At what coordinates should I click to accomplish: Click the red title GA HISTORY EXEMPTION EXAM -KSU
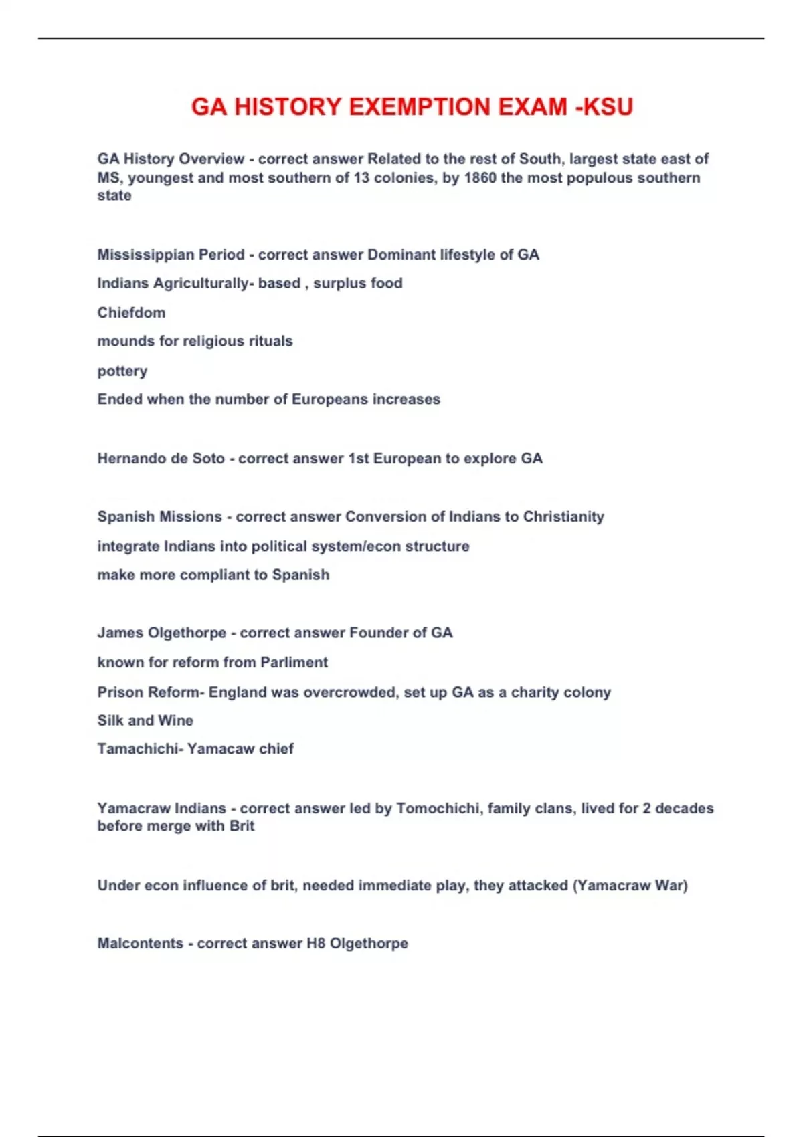[412, 107]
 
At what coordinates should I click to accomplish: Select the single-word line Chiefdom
[131, 312]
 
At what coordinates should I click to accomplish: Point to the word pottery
[122, 371]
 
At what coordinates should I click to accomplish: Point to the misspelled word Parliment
[294, 663]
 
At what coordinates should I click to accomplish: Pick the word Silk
[110, 720]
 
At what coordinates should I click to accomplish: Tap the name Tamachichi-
[140, 749]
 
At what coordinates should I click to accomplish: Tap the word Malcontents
[140, 944]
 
